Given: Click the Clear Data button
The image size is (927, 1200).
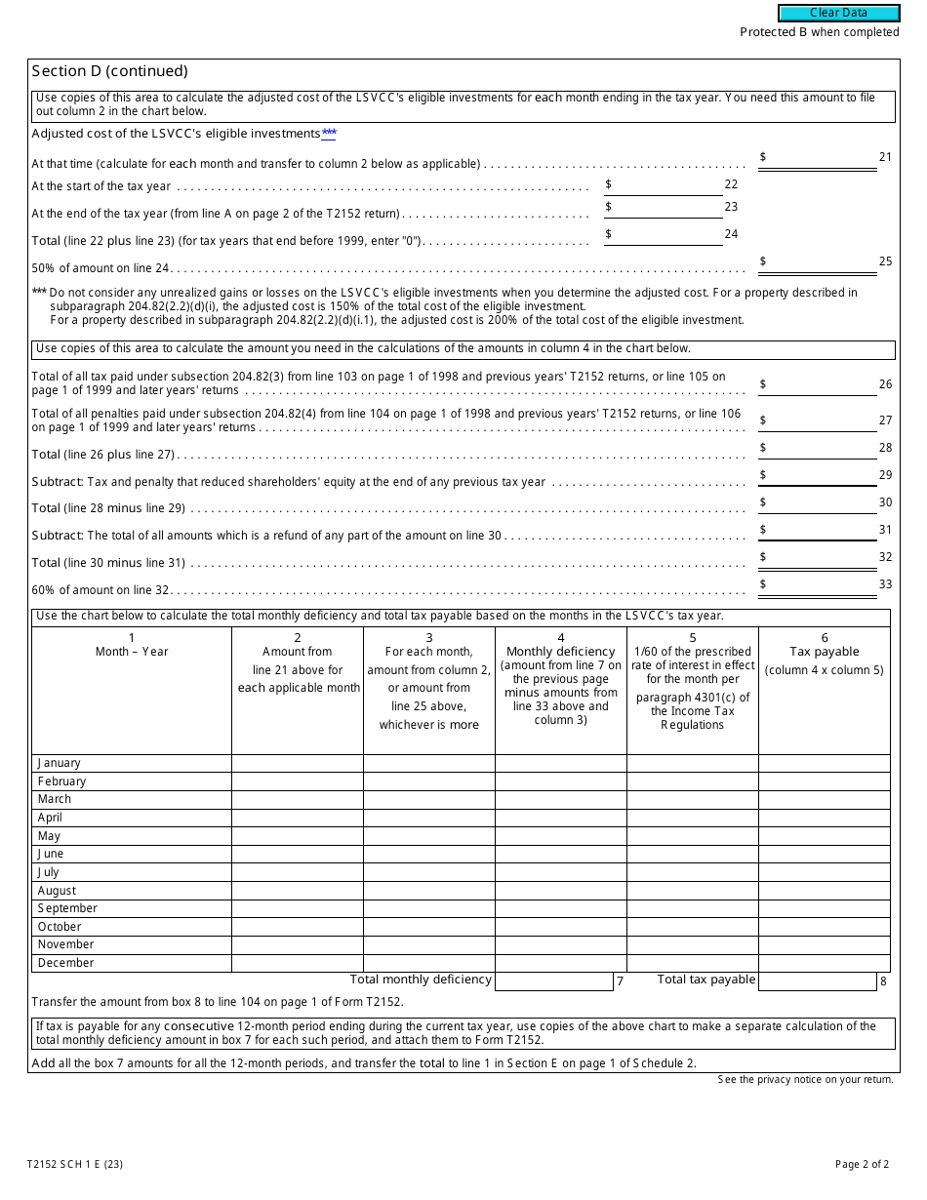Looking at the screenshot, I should pos(838,14).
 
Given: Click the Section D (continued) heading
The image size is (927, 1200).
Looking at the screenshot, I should pos(109,71).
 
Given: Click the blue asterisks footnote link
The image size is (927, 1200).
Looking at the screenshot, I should pos(329,134).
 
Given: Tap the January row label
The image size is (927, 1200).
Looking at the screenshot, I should pos(60,763).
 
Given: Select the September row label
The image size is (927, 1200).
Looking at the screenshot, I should pos(67,908).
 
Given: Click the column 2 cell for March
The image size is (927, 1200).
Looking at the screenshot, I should pos(297,799).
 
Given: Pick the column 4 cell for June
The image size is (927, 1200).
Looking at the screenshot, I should pos(560,854).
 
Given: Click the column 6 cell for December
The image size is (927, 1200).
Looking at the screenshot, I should pos(824,963).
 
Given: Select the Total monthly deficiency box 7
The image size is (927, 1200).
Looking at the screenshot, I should pos(553,981).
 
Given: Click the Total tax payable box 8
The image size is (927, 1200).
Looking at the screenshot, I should pos(817,981).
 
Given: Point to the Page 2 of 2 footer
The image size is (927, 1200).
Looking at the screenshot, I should pos(862,1164).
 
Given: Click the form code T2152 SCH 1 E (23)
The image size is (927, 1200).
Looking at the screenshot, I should pos(75,1164).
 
